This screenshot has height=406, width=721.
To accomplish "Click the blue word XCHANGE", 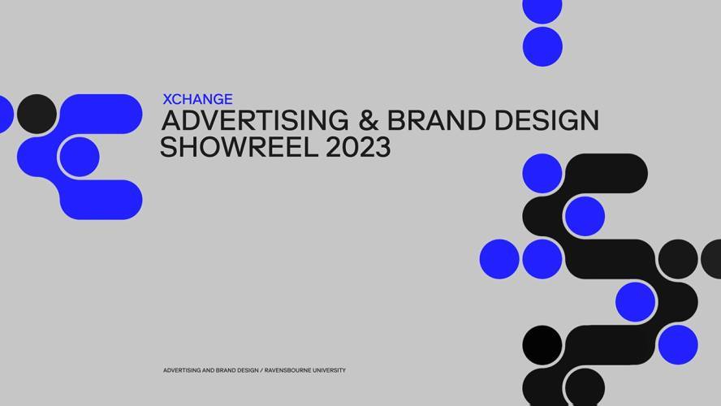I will (x=197, y=99).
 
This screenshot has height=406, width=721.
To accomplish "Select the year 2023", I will (x=357, y=147).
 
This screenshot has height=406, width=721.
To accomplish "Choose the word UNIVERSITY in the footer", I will (x=326, y=370).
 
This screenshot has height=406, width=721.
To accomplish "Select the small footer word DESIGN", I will (x=247, y=370).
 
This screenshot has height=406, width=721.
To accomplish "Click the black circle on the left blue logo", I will (x=37, y=114).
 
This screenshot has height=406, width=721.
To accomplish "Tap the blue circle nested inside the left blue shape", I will (x=80, y=157).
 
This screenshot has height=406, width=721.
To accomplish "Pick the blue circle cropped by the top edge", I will (x=542, y=9).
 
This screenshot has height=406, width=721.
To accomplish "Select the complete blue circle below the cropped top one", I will (x=542, y=46).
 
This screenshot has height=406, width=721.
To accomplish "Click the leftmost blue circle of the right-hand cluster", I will (x=499, y=259).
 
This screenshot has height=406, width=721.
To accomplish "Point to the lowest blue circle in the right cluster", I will (x=677, y=344).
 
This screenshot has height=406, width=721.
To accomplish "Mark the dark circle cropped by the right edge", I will (x=712, y=259).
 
